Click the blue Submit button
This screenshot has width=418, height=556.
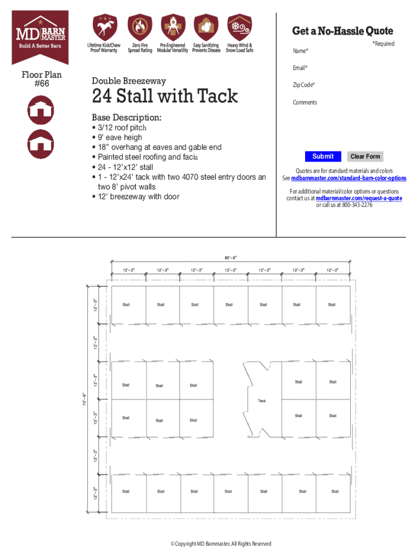coord(322,156)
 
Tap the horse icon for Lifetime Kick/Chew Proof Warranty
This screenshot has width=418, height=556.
coord(104,27)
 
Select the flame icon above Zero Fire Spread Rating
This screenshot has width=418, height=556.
coord(140,27)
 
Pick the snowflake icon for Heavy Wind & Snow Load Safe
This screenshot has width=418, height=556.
coord(239,27)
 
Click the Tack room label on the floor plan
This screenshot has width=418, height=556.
coord(262,401)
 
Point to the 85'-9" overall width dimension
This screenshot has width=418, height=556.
coord(231,257)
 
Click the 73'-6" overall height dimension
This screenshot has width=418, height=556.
coord(84,397)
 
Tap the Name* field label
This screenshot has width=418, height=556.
coord(300,51)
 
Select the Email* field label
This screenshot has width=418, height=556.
coord(300,68)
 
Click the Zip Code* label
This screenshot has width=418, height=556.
coord(303,85)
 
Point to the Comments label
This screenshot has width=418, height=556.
coord(305,102)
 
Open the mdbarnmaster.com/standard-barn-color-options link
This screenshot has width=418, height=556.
coord(349,179)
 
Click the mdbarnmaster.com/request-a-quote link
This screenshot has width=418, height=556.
coord(359,198)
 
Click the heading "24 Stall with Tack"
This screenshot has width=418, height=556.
coord(164,97)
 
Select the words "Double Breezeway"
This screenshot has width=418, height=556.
coord(129,81)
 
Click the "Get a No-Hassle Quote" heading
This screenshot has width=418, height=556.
coord(343,31)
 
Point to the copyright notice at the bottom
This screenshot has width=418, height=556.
coord(220,544)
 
